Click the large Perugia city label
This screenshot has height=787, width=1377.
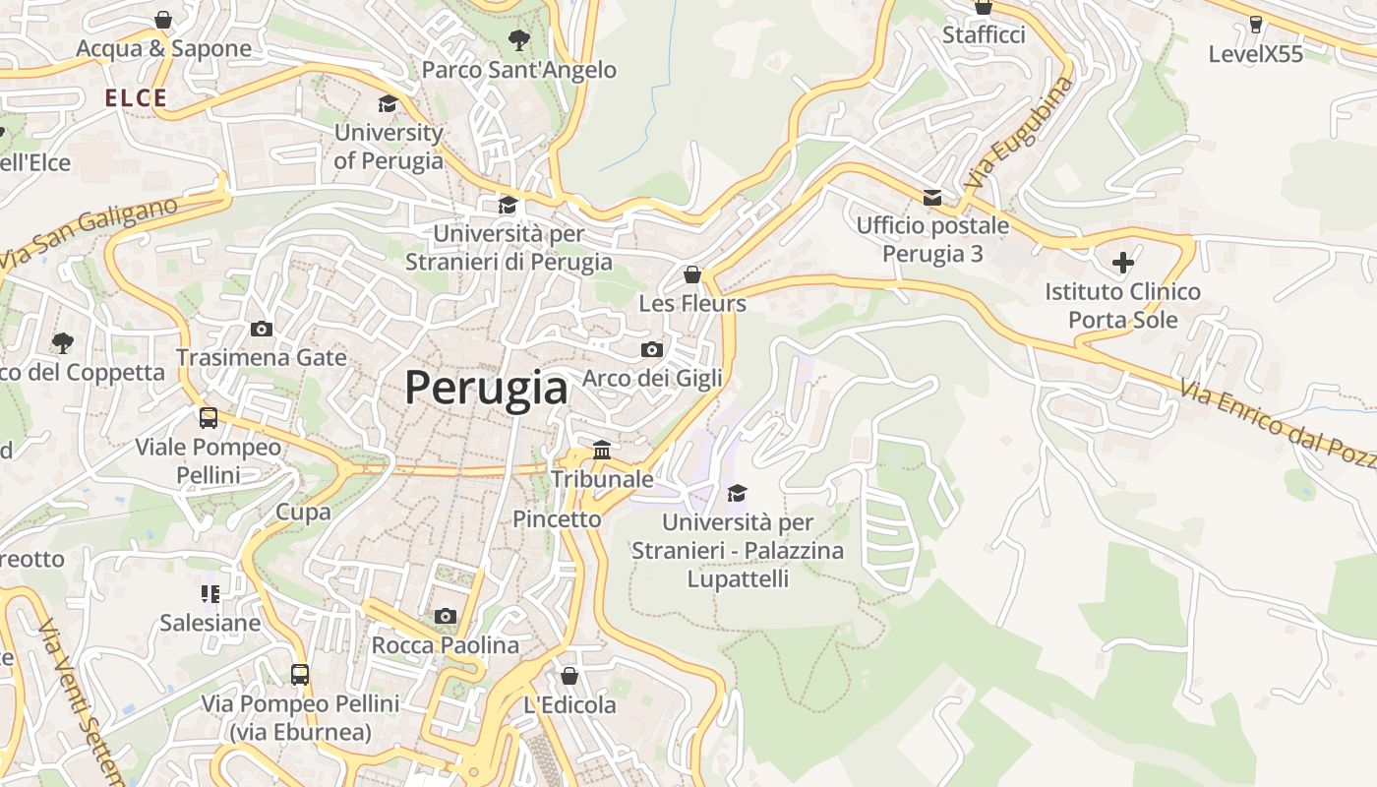[487, 388]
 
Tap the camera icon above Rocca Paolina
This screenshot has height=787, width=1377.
[446, 616]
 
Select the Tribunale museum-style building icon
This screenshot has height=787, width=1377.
[602, 451]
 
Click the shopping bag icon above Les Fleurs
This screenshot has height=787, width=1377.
[692, 274]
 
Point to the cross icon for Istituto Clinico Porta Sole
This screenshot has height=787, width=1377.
[1122, 263]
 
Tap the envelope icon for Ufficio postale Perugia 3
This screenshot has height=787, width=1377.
[931, 198]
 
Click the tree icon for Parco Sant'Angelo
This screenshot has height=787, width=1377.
[518, 40]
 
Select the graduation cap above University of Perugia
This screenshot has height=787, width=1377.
[389, 103]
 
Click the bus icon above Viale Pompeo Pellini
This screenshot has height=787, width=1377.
[209, 418]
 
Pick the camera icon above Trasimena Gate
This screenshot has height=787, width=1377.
[262, 329]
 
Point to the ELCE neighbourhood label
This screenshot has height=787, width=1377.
[136, 97]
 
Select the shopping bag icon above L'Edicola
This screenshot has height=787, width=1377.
[569, 676]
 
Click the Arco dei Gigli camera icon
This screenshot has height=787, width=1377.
[651, 349]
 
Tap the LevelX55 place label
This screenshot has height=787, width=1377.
[1255, 54]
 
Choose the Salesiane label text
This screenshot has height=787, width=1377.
[210, 623]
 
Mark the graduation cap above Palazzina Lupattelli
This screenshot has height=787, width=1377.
[737, 493]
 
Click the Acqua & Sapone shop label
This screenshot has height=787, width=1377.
[163, 48]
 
